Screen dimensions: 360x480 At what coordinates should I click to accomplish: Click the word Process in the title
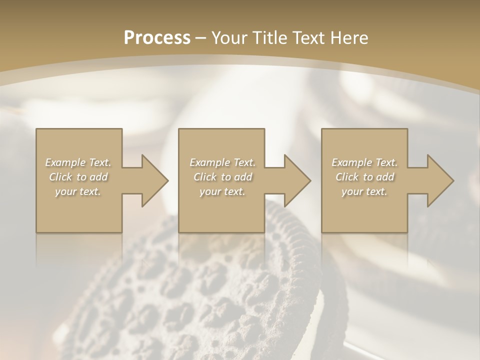coord(157,37)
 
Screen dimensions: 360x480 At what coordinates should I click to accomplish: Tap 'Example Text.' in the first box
coord(78,162)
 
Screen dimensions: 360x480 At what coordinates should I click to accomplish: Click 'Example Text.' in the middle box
coord(222,162)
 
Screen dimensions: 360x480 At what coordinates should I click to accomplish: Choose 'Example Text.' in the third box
coord(364,162)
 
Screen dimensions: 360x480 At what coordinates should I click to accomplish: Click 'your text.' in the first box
coord(78,191)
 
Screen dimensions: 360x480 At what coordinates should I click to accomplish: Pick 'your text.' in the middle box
coord(222,191)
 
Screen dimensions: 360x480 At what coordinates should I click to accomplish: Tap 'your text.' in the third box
coord(364,191)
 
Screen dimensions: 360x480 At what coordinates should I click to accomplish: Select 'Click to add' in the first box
coord(78,177)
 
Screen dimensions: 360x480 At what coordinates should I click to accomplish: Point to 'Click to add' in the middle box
coord(222,177)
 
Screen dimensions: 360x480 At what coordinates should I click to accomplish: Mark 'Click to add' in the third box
coord(364,177)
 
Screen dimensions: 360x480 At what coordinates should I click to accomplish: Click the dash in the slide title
coord(201,38)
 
